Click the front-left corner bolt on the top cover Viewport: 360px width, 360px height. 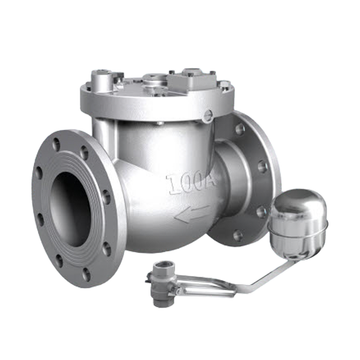coord(103,77)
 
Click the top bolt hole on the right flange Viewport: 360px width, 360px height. coord(240,129)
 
